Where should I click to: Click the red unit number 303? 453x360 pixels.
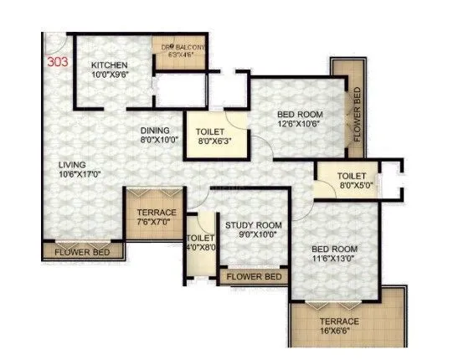coord(59,62)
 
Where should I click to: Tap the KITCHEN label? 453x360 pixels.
coord(109,64)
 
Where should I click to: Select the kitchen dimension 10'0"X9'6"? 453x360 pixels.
coord(110,75)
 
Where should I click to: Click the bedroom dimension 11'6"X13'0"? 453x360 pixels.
coord(335,260)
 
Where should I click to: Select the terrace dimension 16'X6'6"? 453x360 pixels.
coord(338,332)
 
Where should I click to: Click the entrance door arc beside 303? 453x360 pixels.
coord(54,41)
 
